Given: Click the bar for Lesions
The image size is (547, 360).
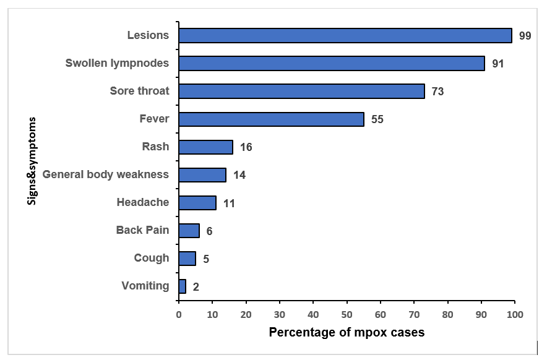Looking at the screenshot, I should (345, 35).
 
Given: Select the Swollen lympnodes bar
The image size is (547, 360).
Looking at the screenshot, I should (332, 63).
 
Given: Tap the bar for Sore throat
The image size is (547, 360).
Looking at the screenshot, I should (301, 91).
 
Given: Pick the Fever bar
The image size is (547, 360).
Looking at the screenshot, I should (271, 119).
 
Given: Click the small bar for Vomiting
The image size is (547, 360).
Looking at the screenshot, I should (182, 286).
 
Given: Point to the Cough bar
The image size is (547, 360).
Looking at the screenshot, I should (187, 258).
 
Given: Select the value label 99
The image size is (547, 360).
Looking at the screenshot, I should (525, 36).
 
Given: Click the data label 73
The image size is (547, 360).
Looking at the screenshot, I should (438, 92).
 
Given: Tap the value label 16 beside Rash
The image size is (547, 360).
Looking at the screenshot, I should (246, 147).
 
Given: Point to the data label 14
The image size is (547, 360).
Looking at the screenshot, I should (239, 175).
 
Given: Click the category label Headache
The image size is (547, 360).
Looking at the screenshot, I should (142, 202).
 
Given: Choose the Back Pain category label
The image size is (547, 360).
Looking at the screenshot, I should (142, 230).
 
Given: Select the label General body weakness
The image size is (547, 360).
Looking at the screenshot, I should (105, 174).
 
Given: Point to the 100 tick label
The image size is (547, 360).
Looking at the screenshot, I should (514, 314).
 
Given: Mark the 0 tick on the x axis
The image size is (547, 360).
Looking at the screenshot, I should (179, 314).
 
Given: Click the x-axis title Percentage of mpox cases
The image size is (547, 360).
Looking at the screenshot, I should (347, 333).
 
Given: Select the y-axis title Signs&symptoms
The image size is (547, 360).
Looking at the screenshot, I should (32, 161).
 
